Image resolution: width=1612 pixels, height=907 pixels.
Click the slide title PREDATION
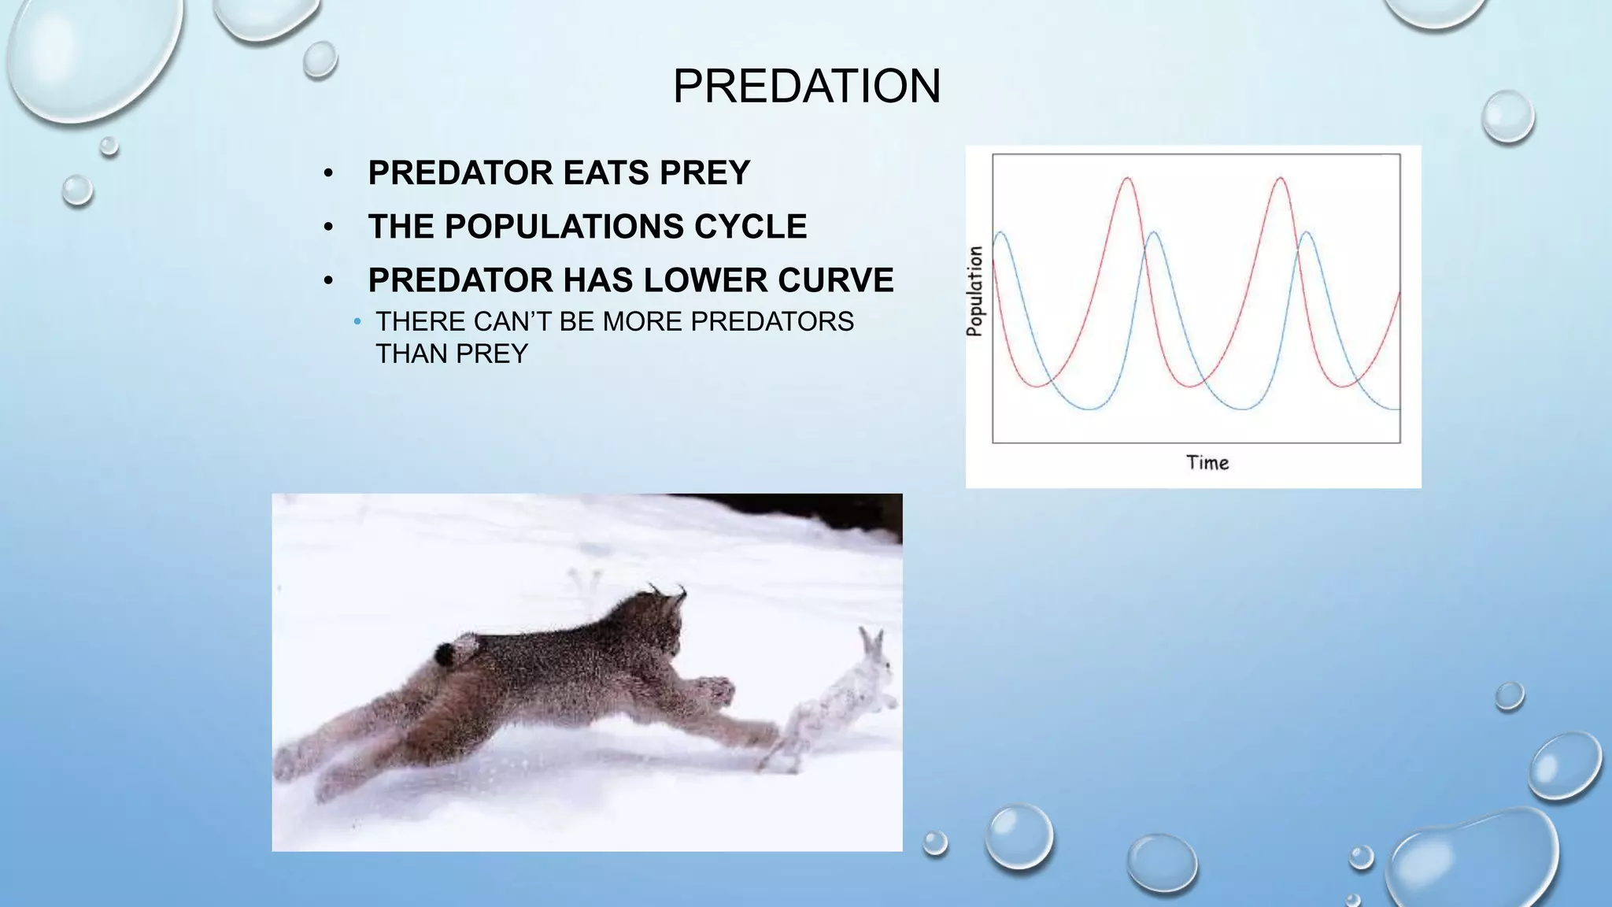click(806, 86)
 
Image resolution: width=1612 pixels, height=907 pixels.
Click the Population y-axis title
click(975, 291)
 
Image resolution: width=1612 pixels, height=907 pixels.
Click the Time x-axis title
click(1207, 463)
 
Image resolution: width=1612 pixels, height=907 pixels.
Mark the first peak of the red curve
click(1129, 179)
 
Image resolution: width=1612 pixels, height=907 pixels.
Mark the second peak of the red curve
click(1281, 179)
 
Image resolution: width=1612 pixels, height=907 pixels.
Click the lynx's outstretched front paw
click(716, 690)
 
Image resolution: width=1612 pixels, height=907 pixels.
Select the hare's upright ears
click(871, 642)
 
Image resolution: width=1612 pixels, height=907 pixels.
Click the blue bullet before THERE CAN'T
click(357, 322)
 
